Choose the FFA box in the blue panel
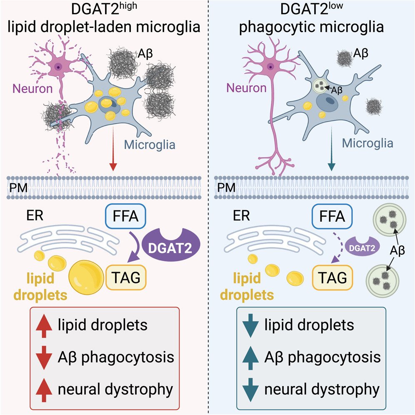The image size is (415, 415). (332, 217)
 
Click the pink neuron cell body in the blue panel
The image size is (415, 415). (272, 66)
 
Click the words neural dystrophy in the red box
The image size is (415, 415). (115, 390)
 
